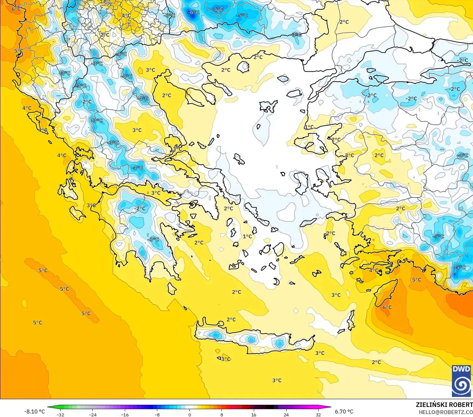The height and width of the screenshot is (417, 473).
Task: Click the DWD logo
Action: [461, 381]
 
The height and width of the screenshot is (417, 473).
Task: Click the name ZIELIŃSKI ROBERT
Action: [444, 405]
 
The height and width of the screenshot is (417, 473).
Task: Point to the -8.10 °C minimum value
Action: [34, 411]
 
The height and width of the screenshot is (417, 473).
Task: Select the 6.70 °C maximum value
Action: [344, 411]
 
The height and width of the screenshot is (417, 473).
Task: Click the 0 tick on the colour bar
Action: [190, 414]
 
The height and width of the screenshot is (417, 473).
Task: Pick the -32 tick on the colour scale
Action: [60, 414]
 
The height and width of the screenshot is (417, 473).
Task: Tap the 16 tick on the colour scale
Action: [254, 414]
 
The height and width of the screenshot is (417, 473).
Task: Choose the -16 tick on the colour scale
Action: [125, 414]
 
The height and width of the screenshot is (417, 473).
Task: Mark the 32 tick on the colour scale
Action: [318, 414]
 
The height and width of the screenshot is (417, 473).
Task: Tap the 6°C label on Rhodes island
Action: [387, 307]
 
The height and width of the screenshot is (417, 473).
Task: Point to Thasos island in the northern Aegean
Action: [243, 67]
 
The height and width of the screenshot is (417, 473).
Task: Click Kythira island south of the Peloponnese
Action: [172, 288]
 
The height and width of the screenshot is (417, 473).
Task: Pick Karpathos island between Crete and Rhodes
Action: [351, 320]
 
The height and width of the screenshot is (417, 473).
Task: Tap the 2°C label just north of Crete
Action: [231, 319]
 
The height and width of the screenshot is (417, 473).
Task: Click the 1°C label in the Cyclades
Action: [247, 236]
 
